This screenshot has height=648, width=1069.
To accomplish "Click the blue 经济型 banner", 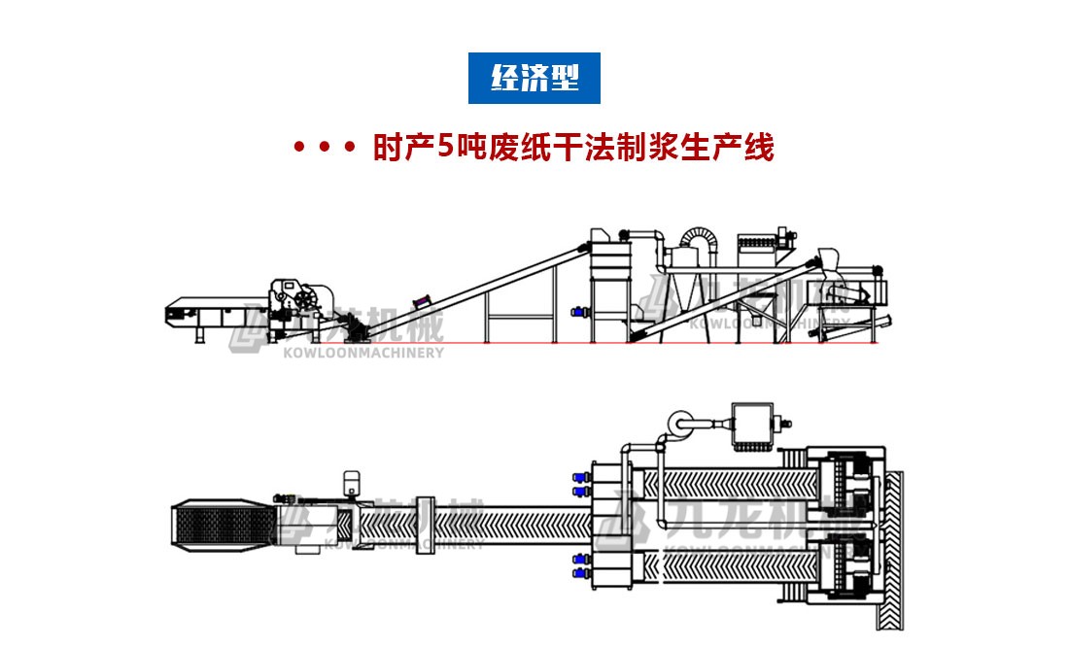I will (534, 79).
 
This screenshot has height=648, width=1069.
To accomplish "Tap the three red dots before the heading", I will (325, 150).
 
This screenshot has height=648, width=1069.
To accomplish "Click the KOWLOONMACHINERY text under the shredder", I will (362, 352).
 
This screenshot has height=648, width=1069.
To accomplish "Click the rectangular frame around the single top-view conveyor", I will (424, 526).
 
